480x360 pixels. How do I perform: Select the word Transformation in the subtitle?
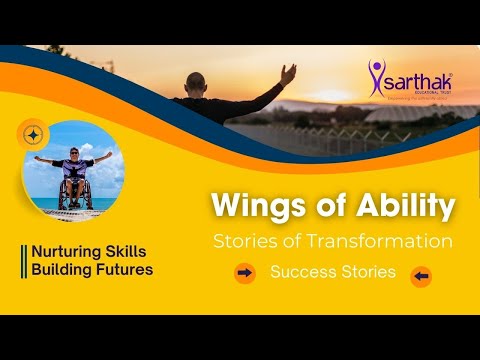(x=387, y=242)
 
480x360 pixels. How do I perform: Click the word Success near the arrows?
(x=303, y=272)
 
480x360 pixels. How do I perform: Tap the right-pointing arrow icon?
(x=244, y=272)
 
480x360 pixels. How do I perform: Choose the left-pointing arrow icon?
(x=421, y=276)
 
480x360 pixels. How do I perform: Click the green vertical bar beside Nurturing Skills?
(x=23, y=261)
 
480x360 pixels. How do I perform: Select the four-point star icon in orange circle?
(x=32, y=133)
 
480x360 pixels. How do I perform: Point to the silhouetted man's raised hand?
(x=288, y=72)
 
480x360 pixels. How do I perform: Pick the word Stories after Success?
(x=366, y=272)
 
